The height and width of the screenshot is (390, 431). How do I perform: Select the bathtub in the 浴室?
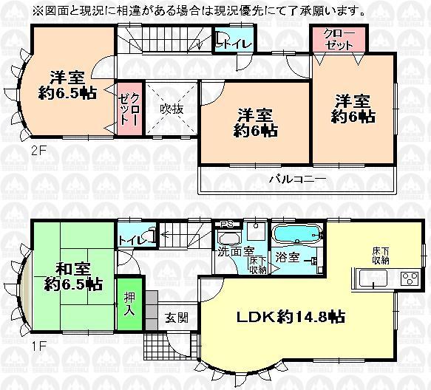pos(296,237)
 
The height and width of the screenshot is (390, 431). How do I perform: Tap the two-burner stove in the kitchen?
pos(409,279)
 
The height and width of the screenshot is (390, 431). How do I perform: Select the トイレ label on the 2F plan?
pos(233,43)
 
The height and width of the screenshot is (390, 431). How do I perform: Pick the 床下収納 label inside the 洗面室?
pos(257,264)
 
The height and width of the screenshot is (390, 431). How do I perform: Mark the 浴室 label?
pos(288,259)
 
